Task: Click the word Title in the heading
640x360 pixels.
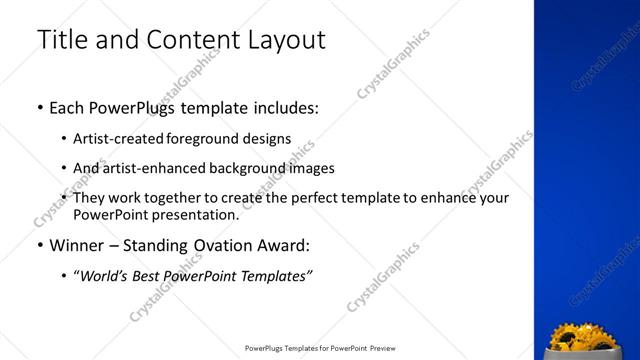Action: coord(61,40)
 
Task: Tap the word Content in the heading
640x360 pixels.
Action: coord(193,40)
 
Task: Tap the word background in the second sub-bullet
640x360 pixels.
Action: coord(254,168)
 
